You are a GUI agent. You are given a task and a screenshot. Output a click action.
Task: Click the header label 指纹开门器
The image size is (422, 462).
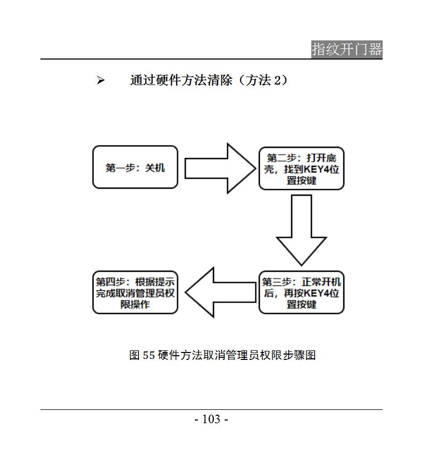[x=347, y=49]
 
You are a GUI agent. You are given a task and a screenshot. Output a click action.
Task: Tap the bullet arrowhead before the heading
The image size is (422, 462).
[x=101, y=80]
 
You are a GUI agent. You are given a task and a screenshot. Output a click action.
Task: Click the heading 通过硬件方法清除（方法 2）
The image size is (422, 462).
[x=209, y=80]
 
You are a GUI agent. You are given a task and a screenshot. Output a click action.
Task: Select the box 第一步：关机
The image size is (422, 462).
[x=135, y=167]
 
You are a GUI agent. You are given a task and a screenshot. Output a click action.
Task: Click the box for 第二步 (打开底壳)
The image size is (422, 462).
[x=301, y=169]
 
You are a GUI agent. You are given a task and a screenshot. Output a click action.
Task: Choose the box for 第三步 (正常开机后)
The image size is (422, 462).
[x=301, y=292]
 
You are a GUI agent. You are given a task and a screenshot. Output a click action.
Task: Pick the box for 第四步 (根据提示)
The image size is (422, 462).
[x=135, y=292]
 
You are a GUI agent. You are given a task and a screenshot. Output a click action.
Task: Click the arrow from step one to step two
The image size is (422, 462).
[x=220, y=169]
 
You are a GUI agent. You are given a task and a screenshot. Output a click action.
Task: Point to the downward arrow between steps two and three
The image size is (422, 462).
[x=301, y=230]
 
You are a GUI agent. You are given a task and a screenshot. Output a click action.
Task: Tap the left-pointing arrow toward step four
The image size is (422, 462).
[x=220, y=292]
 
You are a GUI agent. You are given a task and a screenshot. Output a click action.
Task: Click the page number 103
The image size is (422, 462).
[x=211, y=419]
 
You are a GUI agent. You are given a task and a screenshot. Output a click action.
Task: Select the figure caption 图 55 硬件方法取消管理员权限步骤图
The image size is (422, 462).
[x=222, y=355]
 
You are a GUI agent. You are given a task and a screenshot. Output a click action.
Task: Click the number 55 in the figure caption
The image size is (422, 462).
[x=148, y=355]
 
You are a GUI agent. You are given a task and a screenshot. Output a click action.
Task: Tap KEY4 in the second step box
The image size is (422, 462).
[x=317, y=170]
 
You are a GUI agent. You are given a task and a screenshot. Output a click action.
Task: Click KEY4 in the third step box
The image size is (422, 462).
[x=317, y=293]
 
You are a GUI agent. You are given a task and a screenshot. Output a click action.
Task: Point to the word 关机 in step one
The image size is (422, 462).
[x=155, y=167]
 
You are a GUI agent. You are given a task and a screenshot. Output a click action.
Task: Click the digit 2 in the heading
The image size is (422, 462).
[x=277, y=80]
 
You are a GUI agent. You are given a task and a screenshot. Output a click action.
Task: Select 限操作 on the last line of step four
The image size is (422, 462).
[x=135, y=304]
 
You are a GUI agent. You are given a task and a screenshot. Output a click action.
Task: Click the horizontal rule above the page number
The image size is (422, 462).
[x=211, y=409]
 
